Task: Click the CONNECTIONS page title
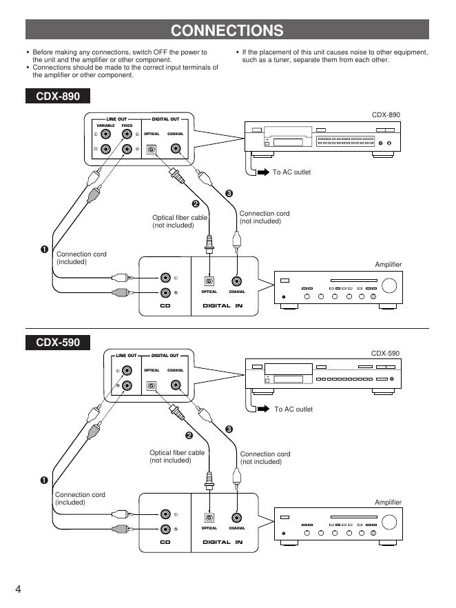click(x=227, y=30)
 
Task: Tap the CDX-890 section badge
click(x=58, y=97)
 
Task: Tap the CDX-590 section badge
click(x=58, y=343)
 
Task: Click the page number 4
click(x=19, y=589)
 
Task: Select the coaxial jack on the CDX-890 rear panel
click(x=177, y=148)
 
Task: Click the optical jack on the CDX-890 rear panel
click(x=152, y=148)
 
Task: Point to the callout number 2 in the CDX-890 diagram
click(x=195, y=203)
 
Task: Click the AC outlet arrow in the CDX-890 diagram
click(x=263, y=172)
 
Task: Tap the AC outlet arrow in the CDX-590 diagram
click(x=263, y=409)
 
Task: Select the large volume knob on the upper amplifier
click(x=390, y=286)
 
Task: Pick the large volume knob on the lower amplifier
click(x=390, y=523)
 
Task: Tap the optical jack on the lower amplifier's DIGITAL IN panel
click(x=209, y=517)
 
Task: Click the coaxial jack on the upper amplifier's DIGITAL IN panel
click(x=237, y=281)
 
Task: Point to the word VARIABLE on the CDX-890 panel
click(x=105, y=125)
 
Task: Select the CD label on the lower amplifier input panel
click(x=165, y=542)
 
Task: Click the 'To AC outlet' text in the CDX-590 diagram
click(x=293, y=409)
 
